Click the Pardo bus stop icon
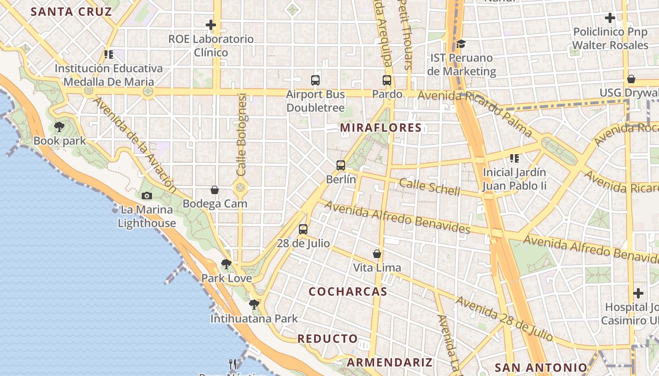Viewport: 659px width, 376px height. click(387, 80)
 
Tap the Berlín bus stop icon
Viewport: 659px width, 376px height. click(341, 165)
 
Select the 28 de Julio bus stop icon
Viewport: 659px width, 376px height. click(303, 229)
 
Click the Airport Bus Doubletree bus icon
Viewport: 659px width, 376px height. click(315, 80)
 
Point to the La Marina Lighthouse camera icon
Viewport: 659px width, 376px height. click(146, 196)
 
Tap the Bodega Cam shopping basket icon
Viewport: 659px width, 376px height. click(215, 190)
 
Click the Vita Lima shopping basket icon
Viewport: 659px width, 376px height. click(377, 254)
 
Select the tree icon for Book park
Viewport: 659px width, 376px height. click(59, 126)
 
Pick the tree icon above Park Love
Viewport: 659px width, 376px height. click(226, 264)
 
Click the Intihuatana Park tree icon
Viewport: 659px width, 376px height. click(254, 305)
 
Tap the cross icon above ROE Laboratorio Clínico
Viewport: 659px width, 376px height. click(211, 25)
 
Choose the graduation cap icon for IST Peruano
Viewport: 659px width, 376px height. click(461, 44)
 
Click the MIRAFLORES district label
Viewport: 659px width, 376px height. click(381, 128)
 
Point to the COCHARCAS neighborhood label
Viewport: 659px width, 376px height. click(348, 292)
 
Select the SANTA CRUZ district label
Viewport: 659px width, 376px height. click(72, 12)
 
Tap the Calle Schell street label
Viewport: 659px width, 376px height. click(429, 187)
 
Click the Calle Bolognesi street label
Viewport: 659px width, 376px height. click(242, 135)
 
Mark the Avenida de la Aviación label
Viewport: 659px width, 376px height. click(135, 145)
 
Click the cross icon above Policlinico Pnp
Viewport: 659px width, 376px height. click(610, 18)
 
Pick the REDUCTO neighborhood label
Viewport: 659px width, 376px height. click(328, 339)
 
